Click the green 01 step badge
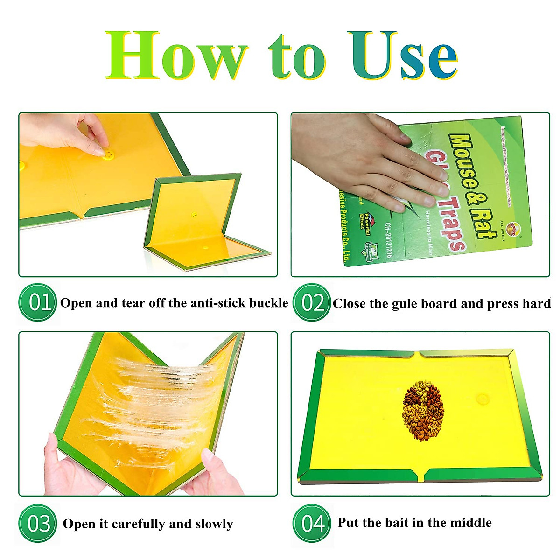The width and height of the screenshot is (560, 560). (38, 302)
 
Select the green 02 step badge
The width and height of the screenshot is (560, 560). (311, 303)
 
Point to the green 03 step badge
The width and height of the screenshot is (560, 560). (38, 523)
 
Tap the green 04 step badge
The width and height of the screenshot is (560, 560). (311, 523)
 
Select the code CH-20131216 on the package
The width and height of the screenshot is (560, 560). (388, 240)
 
